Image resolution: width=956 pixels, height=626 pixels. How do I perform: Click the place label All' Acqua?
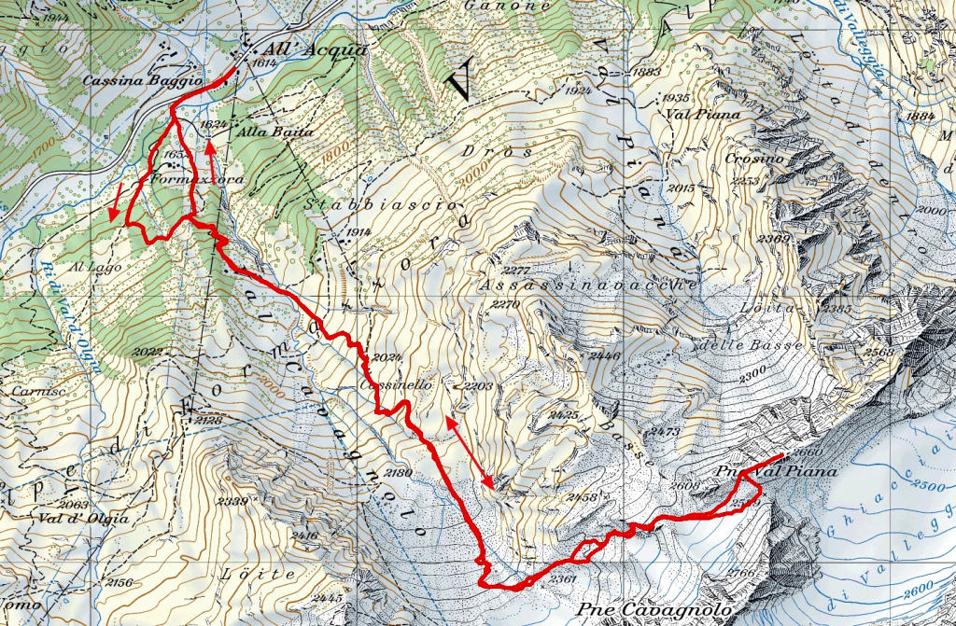[296, 50]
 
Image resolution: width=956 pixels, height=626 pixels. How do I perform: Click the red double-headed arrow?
[469, 452]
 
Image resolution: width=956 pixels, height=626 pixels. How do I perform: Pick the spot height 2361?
[564, 579]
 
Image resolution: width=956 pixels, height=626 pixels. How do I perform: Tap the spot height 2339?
[232, 502]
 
